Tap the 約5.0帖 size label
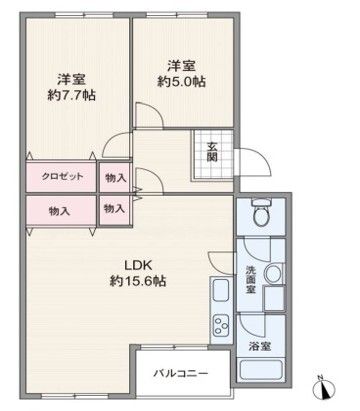(181, 82)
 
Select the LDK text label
(137, 264)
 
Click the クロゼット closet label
(61, 177)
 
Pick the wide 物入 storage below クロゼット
(61, 210)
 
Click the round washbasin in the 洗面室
(273, 273)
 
